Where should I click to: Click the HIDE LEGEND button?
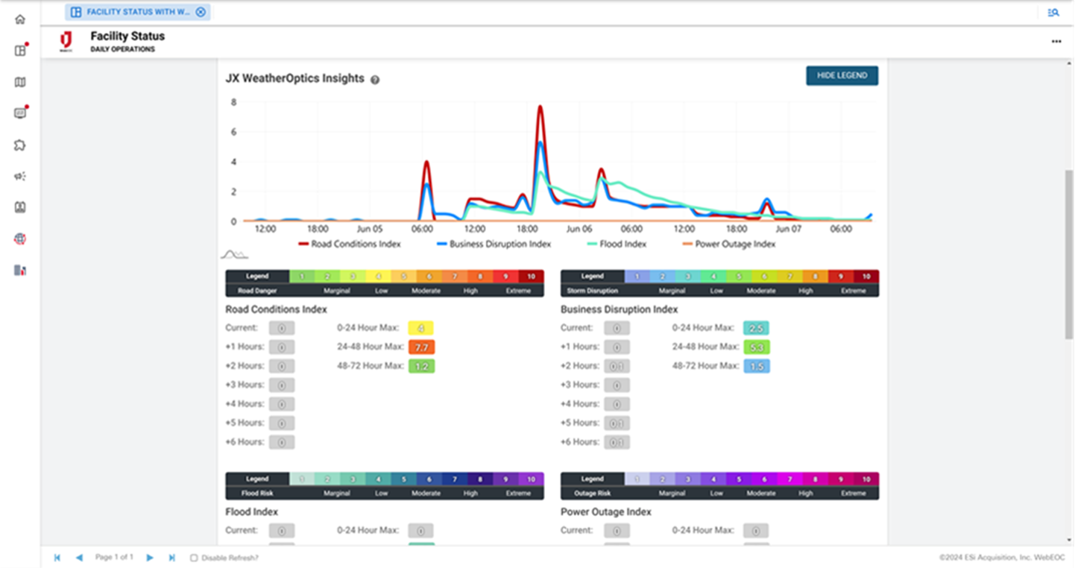pyautogui.click(x=842, y=75)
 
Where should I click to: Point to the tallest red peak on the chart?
pyautogui.click(x=540, y=107)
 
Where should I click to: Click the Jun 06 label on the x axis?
pyautogui.click(x=579, y=230)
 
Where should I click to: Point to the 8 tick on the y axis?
pyautogui.click(x=233, y=102)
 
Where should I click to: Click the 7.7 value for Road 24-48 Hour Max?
pyautogui.click(x=421, y=347)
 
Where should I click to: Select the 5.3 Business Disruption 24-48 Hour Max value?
pyautogui.click(x=757, y=347)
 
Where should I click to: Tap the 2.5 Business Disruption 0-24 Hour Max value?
pyautogui.click(x=757, y=328)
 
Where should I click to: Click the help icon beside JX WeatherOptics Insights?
pyautogui.click(x=375, y=80)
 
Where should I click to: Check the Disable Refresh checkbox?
pyautogui.click(x=194, y=558)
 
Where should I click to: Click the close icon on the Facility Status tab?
pyautogui.click(x=201, y=12)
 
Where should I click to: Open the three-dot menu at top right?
pyautogui.click(x=1056, y=42)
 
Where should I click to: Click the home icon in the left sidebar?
pyautogui.click(x=20, y=19)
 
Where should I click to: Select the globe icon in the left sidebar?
pyautogui.click(x=20, y=239)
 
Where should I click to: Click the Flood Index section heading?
pyautogui.click(x=251, y=512)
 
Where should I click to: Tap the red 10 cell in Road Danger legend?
pyautogui.click(x=531, y=277)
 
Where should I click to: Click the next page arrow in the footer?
pyautogui.click(x=150, y=558)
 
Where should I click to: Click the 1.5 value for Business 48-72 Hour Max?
pyautogui.click(x=757, y=367)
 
